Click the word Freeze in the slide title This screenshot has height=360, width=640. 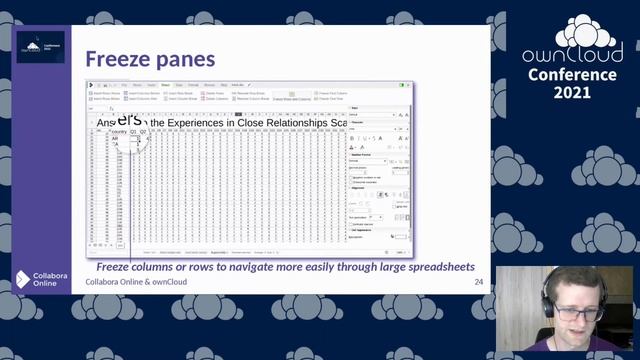point(117,59)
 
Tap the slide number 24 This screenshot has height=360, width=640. point(478,284)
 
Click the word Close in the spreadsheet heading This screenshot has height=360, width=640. point(267,122)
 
